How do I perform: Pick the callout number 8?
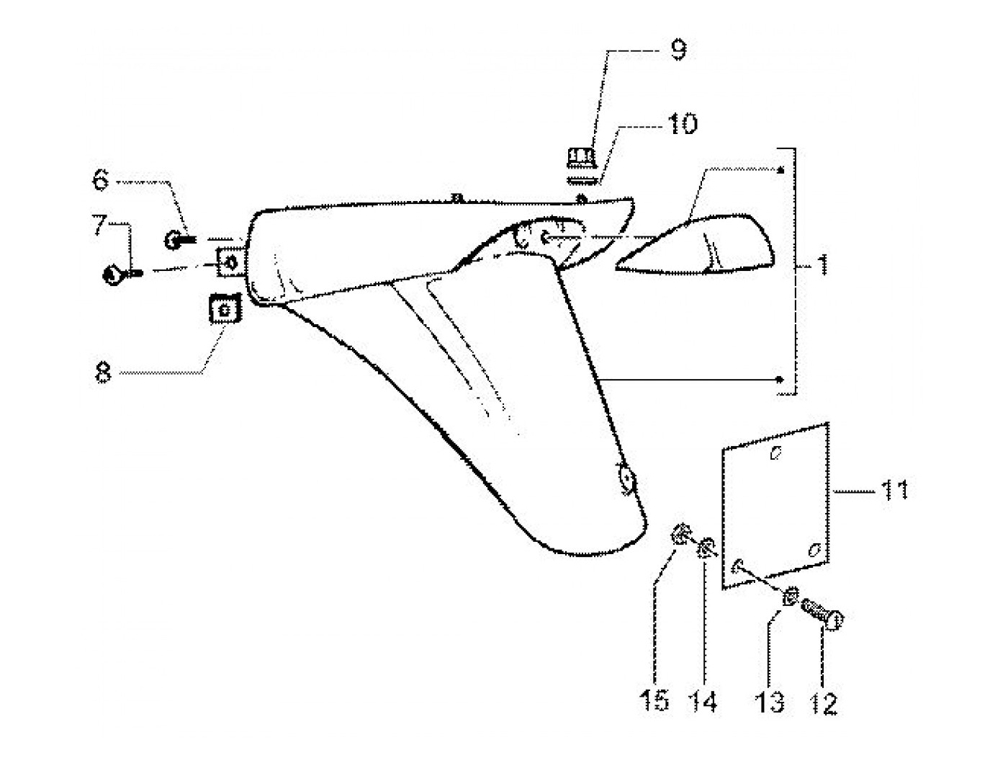pos(103,373)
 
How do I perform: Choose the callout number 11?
pos(894,491)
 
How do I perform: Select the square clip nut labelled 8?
pos(223,311)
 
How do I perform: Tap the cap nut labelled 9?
pos(582,156)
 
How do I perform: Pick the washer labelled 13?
pos(790,596)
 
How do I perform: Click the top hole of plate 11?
pos(776,453)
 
